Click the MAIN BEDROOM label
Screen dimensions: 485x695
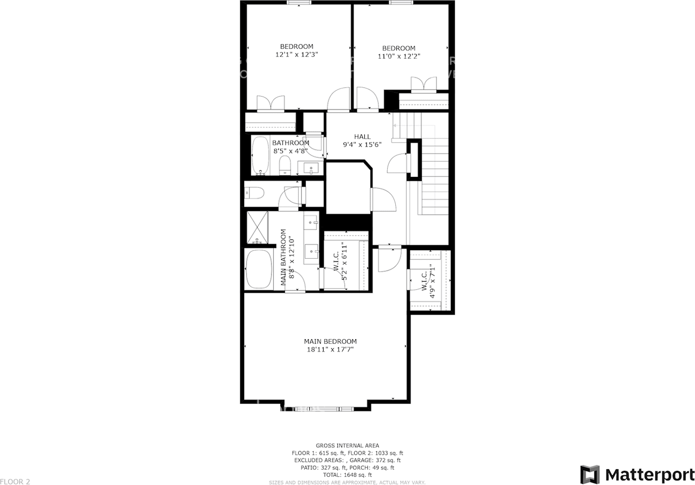pyautogui.click(x=330, y=341)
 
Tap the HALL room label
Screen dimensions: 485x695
pyautogui.click(x=362, y=137)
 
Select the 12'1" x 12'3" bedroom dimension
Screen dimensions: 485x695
pyautogui.click(x=296, y=54)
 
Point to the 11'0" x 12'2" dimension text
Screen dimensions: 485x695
pyautogui.click(x=399, y=56)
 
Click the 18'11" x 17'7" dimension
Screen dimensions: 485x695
pyautogui.click(x=330, y=349)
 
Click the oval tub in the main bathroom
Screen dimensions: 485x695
pyautogui.click(x=258, y=270)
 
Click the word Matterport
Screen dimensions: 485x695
pyautogui.click(x=649, y=475)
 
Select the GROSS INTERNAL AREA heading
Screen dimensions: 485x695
pyautogui.click(x=347, y=445)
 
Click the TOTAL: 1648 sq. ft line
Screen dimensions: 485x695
pyautogui.click(x=347, y=475)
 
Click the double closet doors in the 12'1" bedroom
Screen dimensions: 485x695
pyautogui.click(x=270, y=103)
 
